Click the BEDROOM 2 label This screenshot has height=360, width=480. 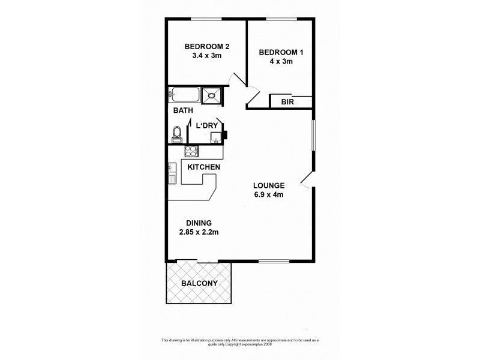(207, 46)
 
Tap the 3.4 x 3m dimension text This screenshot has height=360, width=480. (207, 56)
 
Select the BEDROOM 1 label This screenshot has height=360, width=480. (281, 53)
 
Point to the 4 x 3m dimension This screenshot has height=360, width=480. (281, 62)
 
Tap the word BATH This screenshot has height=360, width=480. (183, 111)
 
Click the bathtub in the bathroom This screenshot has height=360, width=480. (184, 94)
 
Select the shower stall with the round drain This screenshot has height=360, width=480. (211, 94)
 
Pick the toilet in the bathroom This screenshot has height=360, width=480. (177, 134)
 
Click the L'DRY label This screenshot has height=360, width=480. (203, 125)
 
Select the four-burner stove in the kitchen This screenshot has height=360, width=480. (190, 151)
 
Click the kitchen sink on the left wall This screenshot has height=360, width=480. (172, 173)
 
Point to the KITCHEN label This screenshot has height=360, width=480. (204, 167)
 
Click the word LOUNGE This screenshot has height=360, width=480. (268, 185)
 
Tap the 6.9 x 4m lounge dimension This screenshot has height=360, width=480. (268, 194)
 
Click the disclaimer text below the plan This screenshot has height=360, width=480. (239, 341)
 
